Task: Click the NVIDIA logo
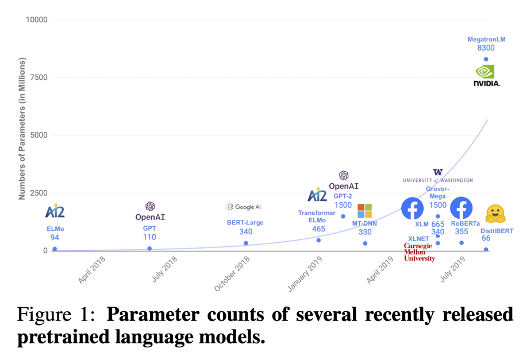click(x=486, y=75)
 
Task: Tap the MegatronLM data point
click(x=486, y=59)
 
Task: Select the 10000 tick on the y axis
click(x=37, y=20)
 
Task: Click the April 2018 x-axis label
click(x=92, y=269)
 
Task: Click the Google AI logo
click(x=244, y=207)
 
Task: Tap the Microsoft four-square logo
click(x=364, y=211)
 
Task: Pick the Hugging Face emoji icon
click(x=495, y=214)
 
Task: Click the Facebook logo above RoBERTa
click(x=461, y=208)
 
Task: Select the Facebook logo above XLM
click(x=412, y=209)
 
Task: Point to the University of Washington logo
click(x=438, y=176)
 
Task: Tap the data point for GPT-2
click(x=343, y=216)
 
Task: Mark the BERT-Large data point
click(x=246, y=243)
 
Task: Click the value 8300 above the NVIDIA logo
click(x=486, y=48)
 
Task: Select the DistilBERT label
click(x=497, y=231)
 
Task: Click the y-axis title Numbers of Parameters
click(x=22, y=129)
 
